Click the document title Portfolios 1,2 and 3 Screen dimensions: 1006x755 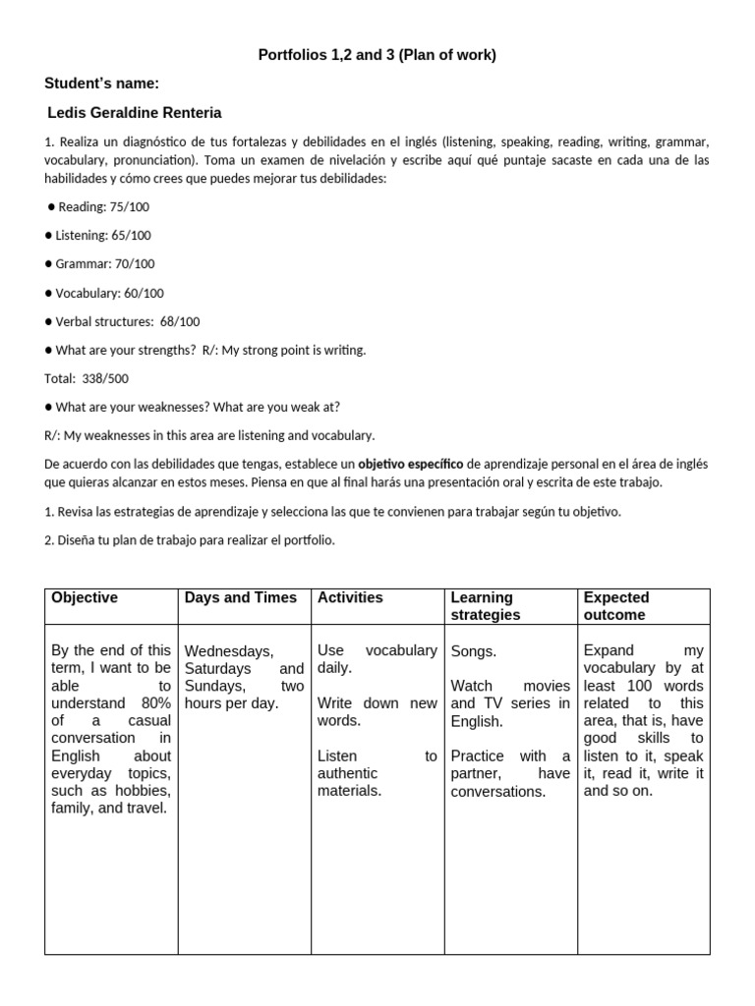[x=377, y=55]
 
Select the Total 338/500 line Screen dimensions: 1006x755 [x=87, y=378]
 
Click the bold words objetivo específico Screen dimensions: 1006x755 [x=410, y=464]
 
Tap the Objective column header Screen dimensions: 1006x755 [x=85, y=597]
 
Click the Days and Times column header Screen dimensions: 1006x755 [x=241, y=597]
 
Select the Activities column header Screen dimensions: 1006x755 [x=350, y=597]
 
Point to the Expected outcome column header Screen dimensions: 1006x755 [x=616, y=606]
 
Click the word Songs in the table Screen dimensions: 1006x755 [x=474, y=651]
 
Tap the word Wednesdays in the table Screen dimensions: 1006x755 [x=229, y=651]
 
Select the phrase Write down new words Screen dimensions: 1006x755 [x=377, y=711]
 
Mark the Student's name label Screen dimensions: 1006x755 [x=102, y=84]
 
